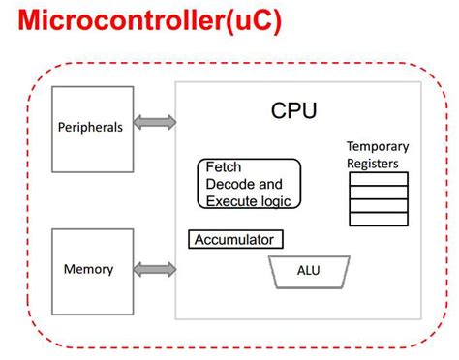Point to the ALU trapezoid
309,272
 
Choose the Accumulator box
235,239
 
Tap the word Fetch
224,166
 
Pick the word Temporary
378,146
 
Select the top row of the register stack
378,179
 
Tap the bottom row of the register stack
378,219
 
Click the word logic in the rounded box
281,201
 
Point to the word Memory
88,269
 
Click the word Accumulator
235,239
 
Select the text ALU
309,272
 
